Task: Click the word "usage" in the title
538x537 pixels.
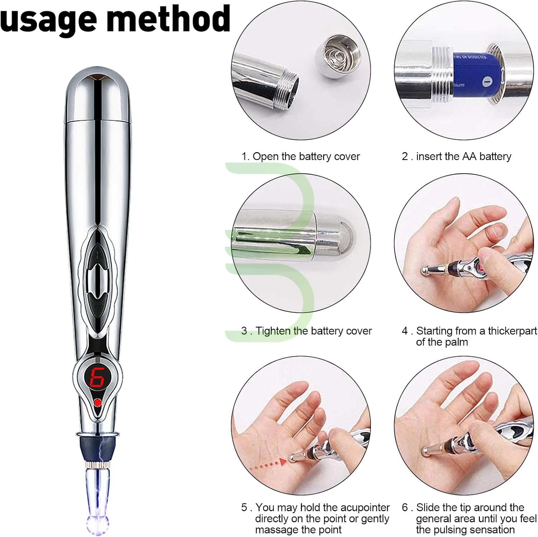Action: pos(49,19)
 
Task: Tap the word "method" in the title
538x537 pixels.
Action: pos(168,17)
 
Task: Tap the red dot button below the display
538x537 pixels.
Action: pos(97,403)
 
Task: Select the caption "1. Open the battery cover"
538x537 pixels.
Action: pos(301,156)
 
